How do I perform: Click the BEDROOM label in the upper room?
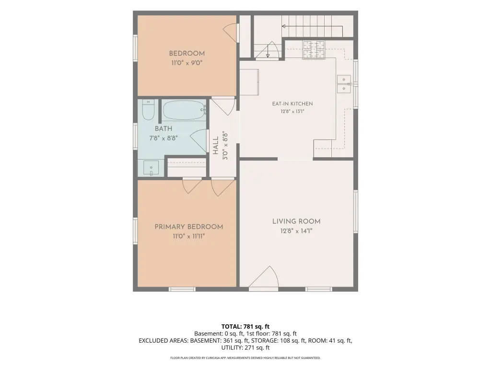187,54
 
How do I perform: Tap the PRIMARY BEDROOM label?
189,227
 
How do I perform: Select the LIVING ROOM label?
296,221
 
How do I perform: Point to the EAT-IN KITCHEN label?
292,103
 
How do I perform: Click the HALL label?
216,146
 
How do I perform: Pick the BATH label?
164,128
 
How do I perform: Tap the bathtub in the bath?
185,110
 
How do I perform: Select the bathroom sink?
151,168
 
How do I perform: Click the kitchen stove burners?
314,50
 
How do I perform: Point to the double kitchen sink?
344,84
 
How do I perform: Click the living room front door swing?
264,276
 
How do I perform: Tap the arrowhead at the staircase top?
284,26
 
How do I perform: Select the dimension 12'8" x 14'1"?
296,231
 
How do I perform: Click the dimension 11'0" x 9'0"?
187,63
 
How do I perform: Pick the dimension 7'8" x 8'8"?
164,138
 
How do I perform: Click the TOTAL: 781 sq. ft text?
245,327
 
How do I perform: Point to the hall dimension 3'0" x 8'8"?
225,146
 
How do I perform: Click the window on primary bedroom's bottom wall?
182,289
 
